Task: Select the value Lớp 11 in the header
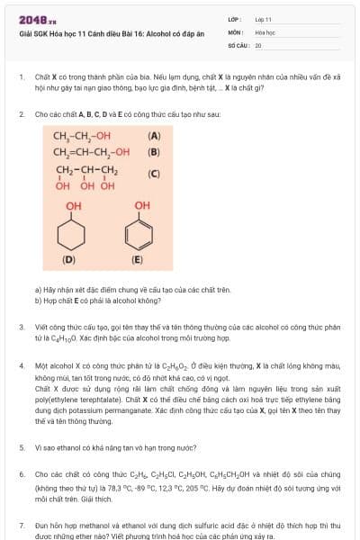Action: [x=264, y=19]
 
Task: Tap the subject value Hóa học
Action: [x=265, y=31]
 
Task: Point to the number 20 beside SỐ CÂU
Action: [x=258, y=44]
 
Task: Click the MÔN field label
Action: [x=235, y=31]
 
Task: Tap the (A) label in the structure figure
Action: [x=154, y=137]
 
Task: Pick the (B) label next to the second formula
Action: [x=154, y=152]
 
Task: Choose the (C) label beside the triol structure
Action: [x=154, y=174]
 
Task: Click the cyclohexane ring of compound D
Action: [x=71, y=235]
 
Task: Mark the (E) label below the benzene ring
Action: [x=138, y=260]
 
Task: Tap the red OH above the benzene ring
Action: [x=142, y=206]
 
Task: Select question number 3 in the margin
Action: [x=21, y=328]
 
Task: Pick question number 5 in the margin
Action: [x=21, y=446]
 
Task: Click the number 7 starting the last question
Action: [x=21, y=524]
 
